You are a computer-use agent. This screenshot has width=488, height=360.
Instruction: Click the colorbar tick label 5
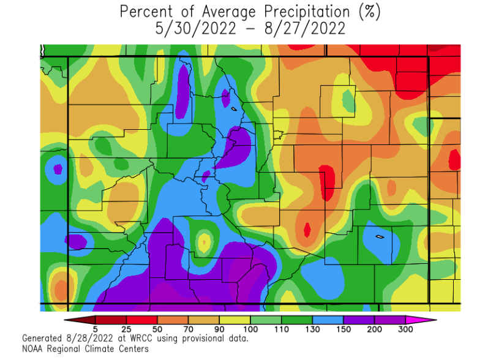[x=96, y=329]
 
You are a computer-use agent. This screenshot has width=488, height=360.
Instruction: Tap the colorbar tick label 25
[x=126, y=329]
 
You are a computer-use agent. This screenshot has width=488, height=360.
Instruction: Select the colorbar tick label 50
[x=157, y=329]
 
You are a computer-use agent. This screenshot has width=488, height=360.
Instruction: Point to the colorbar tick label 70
[x=189, y=329]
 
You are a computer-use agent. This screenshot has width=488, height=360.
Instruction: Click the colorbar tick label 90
[x=219, y=329]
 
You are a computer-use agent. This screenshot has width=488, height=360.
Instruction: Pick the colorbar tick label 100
[x=250, y=329]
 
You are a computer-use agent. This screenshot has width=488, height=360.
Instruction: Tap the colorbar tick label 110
[x=281, y=329]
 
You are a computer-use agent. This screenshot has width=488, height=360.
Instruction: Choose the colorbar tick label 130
[x=312, y=329]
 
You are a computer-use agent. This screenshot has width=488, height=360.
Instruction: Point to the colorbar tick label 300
[x=405, y=329]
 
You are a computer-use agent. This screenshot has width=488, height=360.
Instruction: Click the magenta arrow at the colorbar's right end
[x=428, y=320]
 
